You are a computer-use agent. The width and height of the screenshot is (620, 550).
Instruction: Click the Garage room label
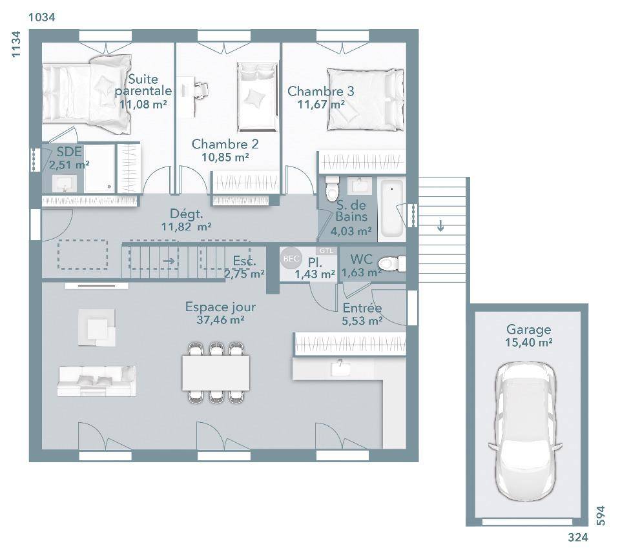pos(528,329)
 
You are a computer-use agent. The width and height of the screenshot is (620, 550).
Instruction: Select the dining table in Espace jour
pos(216,372)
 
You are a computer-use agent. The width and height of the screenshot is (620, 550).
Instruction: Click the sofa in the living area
pos(97,381)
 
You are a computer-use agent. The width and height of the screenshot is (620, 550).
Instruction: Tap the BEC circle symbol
pos(291,258)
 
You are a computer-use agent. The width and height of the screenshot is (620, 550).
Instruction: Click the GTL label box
pos(326,251)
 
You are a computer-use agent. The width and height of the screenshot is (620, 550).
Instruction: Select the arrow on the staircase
pos(169,261)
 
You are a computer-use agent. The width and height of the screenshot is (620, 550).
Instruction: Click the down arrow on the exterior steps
pos(440,226)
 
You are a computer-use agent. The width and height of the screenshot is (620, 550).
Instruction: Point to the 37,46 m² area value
pos(220,320)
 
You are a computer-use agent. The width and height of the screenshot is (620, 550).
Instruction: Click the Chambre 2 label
pos(225,144)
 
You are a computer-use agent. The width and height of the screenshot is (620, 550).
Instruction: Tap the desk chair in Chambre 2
pos(201,90)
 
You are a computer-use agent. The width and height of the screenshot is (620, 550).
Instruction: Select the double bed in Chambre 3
pos(366,99)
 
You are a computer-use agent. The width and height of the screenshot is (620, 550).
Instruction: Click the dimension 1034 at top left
pos(42,17)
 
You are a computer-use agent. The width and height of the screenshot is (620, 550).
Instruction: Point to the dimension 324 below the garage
pos(577,537)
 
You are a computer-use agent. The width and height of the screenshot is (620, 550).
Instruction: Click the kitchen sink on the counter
pos(340,368)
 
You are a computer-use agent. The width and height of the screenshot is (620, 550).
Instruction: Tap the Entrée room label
pos(362,308)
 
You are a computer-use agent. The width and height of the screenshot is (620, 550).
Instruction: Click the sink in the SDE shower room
pos(65,184)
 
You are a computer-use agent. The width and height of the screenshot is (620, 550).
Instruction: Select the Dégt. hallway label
pos(186,214)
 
